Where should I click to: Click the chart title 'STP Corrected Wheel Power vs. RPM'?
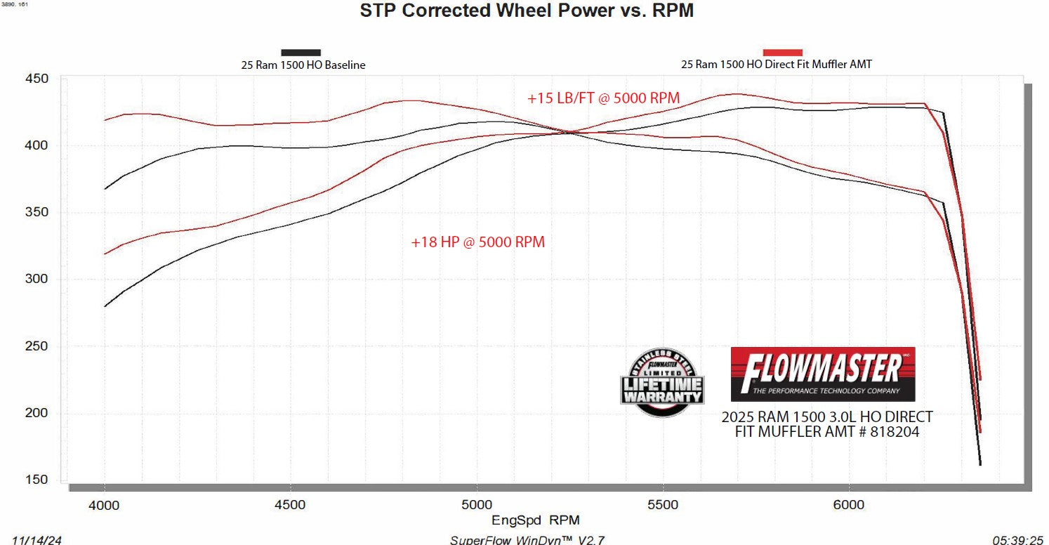pos(527,11)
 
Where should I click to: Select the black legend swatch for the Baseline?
pos(301,53)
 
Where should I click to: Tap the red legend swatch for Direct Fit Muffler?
pos(782,53)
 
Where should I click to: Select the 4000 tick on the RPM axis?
pos(105,504)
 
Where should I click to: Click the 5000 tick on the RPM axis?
pos(477,504)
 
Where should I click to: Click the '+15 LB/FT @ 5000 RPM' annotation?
pos(604,98)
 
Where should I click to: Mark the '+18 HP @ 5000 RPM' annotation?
pos(478,242)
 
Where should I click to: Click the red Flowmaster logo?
pos(823,374)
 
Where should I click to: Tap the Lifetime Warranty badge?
pos(661,382)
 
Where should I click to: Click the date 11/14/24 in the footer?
pos(31,539)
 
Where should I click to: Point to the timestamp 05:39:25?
pos(1017,539)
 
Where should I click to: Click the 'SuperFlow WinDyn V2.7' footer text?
pos(527,539)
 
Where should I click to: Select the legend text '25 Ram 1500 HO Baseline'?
pos(303,65)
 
